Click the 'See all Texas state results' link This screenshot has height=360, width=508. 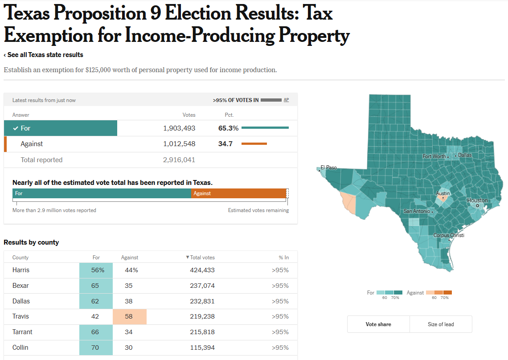[44, 55]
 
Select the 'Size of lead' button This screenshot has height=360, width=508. [441, 324]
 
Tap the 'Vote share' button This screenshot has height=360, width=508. [378, 324]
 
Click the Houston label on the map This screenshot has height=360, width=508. [477, 200]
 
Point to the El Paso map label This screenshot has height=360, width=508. [328, 168]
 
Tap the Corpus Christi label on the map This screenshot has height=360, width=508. [449, 235]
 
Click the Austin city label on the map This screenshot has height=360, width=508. [443, 193]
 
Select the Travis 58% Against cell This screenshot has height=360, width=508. [130, 316]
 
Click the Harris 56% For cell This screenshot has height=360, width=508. [96, 270]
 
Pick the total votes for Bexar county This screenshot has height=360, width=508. [202, 286]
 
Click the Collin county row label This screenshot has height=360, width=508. [20, 348]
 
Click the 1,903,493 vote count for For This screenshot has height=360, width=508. [179, 128]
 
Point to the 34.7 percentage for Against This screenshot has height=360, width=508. [225, 144]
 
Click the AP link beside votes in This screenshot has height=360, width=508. [286, 100]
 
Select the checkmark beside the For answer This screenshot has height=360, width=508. [16, 128]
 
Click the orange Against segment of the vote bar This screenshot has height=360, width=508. [238, 193]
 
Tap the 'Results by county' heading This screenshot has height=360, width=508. [31, 242]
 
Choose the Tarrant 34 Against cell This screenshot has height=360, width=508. [129, 332]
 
